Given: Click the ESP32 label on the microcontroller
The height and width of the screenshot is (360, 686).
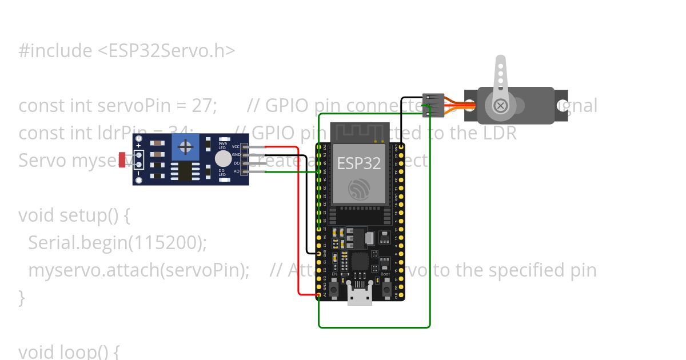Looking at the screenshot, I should (358, 163).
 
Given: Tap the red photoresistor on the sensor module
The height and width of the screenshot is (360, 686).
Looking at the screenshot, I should (122, 159).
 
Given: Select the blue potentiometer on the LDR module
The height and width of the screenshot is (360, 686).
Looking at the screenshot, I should (185, 147).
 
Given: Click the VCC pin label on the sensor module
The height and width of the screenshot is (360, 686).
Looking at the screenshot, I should (236, 147).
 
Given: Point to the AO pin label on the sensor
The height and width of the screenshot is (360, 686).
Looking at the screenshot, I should (236, 171).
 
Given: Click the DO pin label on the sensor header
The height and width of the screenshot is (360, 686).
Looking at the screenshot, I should (236, 163).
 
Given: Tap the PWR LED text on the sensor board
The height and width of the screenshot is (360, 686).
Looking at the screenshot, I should (222, 146).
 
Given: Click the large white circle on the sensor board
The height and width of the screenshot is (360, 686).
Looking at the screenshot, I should (223, 159).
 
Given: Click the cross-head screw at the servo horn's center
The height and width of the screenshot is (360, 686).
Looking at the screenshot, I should (500, 106).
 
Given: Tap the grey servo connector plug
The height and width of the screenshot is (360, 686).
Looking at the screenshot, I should (433, 106).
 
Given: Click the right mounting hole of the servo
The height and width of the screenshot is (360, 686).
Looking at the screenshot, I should (563, 106).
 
